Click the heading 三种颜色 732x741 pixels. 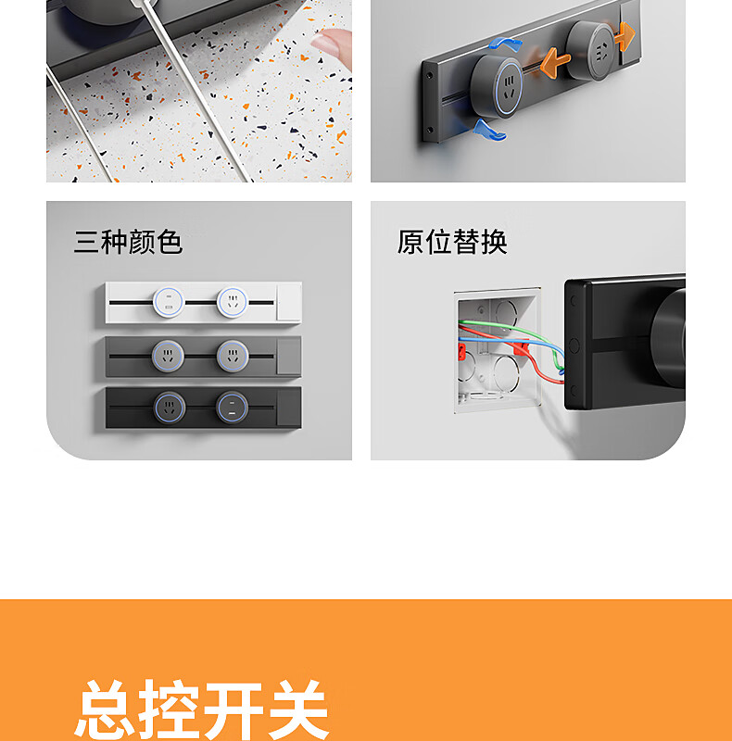coord(128,242)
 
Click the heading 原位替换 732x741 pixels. coord(452,242)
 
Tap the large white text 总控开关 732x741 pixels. coord(202,710)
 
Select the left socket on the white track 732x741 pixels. coord(169,303)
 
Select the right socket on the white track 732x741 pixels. coord(233,303)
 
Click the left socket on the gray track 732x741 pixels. coord(168,356)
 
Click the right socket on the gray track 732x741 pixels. coord(233,356)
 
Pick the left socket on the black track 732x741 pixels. coord(169,408)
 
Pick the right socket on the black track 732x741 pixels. coord(232,408)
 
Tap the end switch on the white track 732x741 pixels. coord(289,303)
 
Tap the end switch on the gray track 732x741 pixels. coord(289,356)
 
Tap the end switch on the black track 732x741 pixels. coord(289,408)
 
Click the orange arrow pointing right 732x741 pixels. coord(625,36)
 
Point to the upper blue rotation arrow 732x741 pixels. coord(505,44)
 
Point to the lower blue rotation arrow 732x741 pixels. coord(489,132)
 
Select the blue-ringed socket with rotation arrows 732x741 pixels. coord(497,87)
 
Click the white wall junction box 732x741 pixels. coord(497,351)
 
